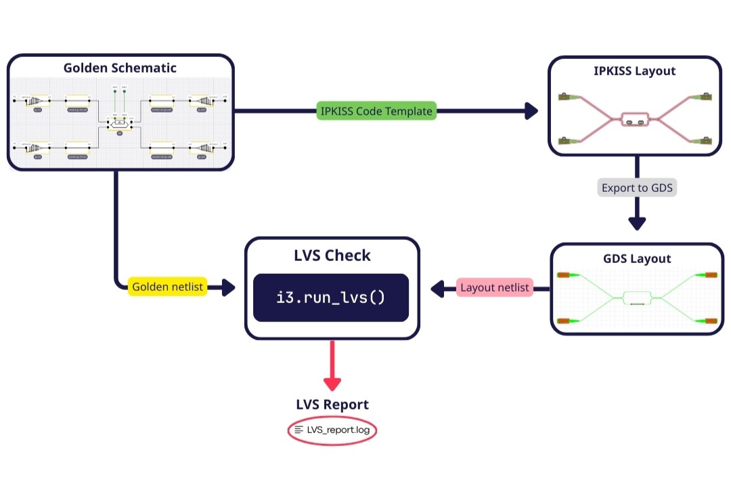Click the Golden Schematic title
tap(120, 68)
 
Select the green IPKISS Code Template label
tap(377, 110)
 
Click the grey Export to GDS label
tap(637, 188)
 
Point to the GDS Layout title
tap(637, 258)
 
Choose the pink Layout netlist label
tap(494, 288)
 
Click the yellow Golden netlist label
tap(167, 287)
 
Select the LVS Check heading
tap(332, 256)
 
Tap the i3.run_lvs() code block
tap(331, 297)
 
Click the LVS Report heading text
tap(332, 405)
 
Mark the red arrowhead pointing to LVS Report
tap(332, 384)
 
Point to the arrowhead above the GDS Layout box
tap(637, 223)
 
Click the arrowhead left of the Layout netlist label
tap(439, 289)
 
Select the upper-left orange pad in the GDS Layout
tap(564, 275)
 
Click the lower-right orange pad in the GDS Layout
tap(710, 320)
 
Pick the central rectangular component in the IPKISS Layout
tap(634, 120)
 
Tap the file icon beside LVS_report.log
tap(299, 430)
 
